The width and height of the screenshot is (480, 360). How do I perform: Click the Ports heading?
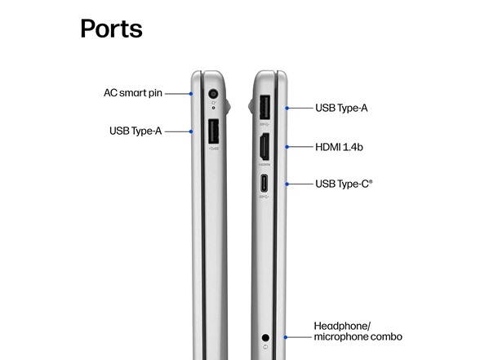point(111,29)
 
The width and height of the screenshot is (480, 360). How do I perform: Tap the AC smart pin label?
point(133,93)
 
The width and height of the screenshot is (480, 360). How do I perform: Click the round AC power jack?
point(213,94)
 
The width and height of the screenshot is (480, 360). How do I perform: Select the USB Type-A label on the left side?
point(136,131)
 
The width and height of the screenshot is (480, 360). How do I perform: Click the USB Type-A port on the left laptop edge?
point(214,131)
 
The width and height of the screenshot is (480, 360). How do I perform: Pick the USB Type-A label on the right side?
point(341,108)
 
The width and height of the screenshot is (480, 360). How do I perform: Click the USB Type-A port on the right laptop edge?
point(264,108)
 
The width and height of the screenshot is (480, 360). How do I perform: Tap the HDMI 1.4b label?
point(339,147)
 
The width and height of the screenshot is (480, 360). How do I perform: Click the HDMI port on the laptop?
point(264,147)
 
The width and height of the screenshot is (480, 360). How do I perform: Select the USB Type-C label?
point(344,184)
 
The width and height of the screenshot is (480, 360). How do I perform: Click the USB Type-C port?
point(264,183)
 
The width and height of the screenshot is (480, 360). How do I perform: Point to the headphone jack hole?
point(265,338)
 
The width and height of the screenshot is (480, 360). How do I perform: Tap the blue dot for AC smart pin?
point(191,94)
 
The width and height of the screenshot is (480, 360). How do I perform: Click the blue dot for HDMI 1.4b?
point(287,147)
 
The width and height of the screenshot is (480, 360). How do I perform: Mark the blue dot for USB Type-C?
point(287,184)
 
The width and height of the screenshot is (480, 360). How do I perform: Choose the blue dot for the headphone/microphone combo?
point(286,337)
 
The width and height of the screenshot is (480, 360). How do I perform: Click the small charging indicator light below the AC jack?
point(213,108)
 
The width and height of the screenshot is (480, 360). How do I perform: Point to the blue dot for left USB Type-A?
point(191,131)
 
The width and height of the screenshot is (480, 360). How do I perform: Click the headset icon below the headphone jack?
point(265,347)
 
